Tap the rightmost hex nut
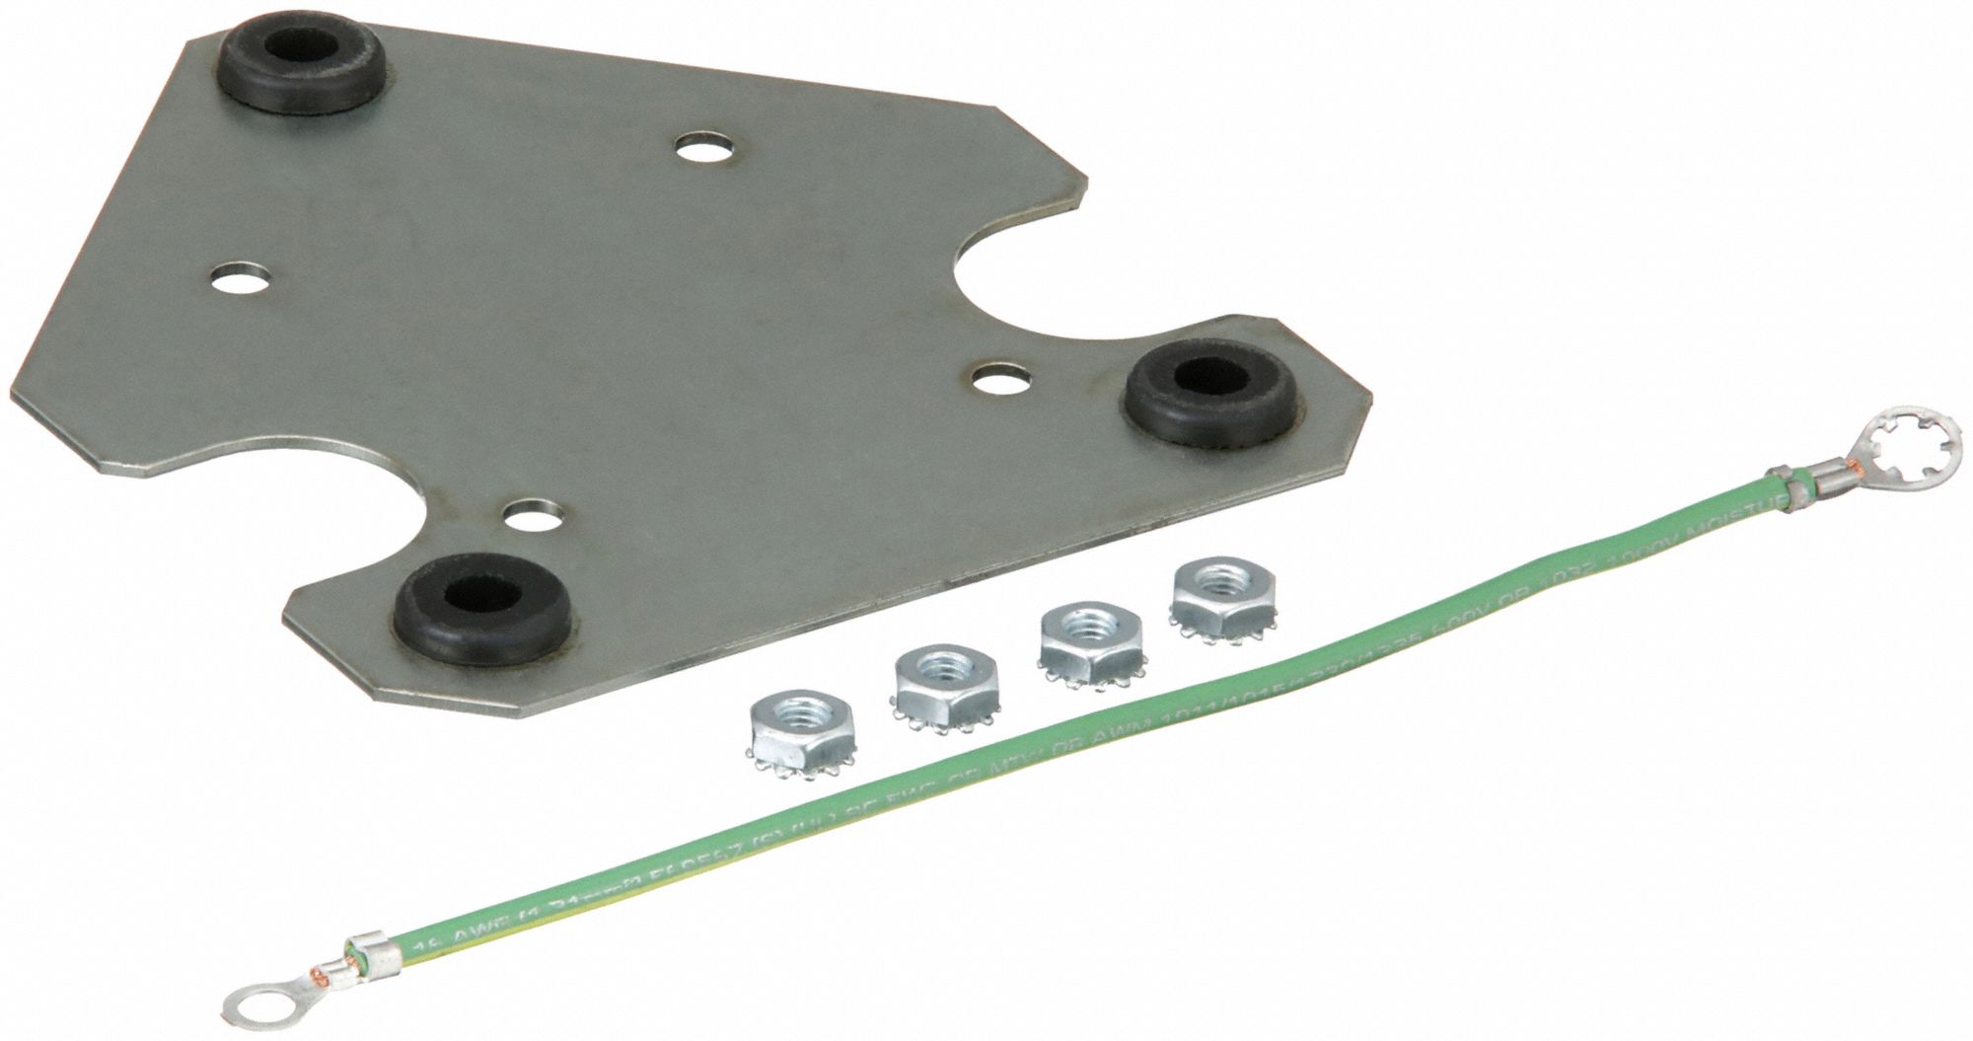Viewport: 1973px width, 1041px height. point(1219,603)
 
